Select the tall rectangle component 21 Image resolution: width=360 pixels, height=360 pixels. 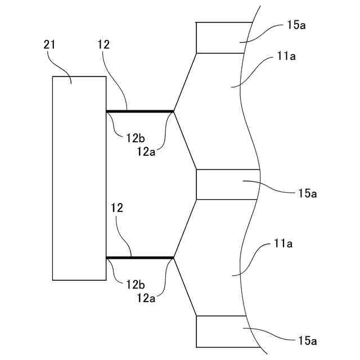pyautogui.click(x=79, y=178)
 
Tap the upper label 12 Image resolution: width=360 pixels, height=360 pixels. pyautogui.click(x=103, y=44)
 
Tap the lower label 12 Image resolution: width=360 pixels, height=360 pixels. pyautogui.click(x=118, y=208)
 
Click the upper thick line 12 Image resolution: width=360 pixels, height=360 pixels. pyautogui.click(x=139, y=111)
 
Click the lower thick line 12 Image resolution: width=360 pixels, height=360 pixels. pyautogui.click(x=139, y=258)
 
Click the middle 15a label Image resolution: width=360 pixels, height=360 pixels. pyautogui.click(x=308, y=193)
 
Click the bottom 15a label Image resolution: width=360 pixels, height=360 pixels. pyautogui.click(x=308, y=340)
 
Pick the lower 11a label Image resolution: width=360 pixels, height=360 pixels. pyautogui.click(x=285, y=244)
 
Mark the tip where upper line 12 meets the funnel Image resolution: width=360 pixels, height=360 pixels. pyautogui.click(x=173, y=111)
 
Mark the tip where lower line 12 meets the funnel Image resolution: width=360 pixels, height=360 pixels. pyautogui.click(x=174, y=258)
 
